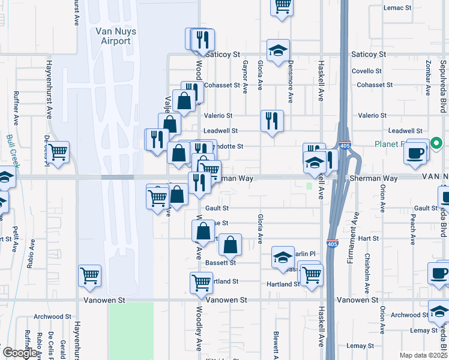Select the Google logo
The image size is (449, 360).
click(x=20, y=353)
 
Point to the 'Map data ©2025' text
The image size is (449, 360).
click(x=423, y=355)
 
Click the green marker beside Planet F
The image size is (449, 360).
click(x=436, y=143)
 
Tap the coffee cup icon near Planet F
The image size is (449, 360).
click(x=416, y=152)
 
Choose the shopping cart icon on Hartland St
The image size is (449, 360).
click(x=201, y=281)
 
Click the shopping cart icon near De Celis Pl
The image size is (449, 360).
click(x=59, y=152)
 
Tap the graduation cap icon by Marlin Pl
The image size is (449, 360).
click(x=283, y=257)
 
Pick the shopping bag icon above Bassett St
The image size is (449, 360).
click(x=230, y=244)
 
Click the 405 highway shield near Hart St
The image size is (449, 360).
click(x=331, y=244)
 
